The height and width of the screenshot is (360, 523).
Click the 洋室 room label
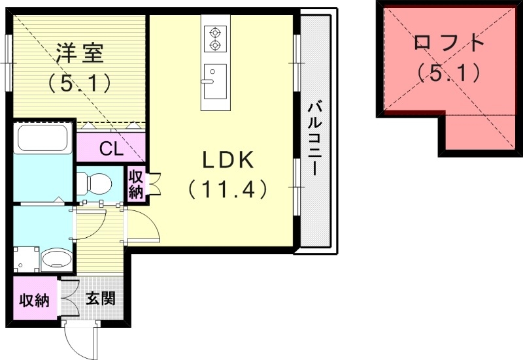pos(80,54)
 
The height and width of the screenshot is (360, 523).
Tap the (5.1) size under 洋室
pos(80,83)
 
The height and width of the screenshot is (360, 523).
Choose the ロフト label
pos(450,43)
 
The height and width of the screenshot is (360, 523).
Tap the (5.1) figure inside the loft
pos(450,73)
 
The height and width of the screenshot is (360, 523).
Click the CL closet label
pos(110,149)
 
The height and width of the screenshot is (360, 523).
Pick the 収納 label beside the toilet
pos(136,184)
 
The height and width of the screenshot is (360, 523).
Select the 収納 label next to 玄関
pos(34,301)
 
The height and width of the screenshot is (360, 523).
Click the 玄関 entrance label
pos(101,299)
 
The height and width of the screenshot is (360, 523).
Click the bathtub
pos(42,139)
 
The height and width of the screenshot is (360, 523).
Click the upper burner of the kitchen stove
pos(214,31)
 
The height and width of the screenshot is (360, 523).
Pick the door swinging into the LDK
pos(147,229)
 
